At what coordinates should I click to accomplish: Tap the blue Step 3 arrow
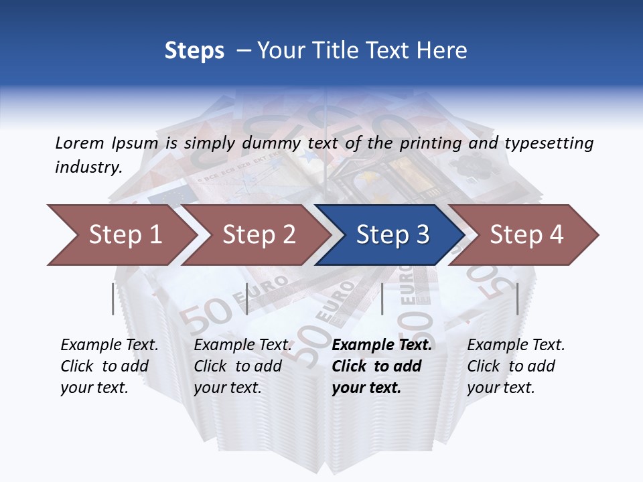point(392,234)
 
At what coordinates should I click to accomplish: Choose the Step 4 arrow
point(526,234)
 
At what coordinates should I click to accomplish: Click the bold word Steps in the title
point(194,50)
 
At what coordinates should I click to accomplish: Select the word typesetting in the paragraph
point(549,143)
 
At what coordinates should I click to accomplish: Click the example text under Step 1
point(109,366)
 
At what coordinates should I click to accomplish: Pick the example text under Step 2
point(242,366)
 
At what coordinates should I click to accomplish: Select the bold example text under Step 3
point(381,366)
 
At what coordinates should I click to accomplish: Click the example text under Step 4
point(516,366)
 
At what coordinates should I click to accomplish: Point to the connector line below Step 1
point(113,299)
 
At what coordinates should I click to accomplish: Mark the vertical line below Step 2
point(247,299)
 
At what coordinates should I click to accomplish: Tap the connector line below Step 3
point(382,299)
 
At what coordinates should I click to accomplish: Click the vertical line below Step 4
point(517,299)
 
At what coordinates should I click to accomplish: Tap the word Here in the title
point(442,50)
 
